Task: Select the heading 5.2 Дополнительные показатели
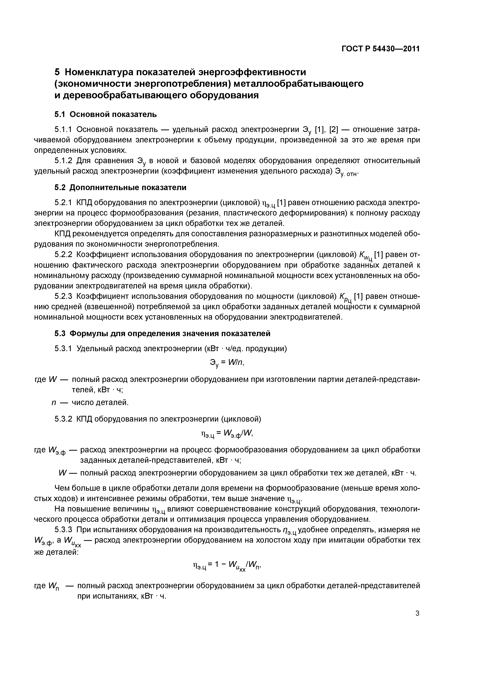coord(120,188)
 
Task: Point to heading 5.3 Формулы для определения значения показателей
coord(162,334)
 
